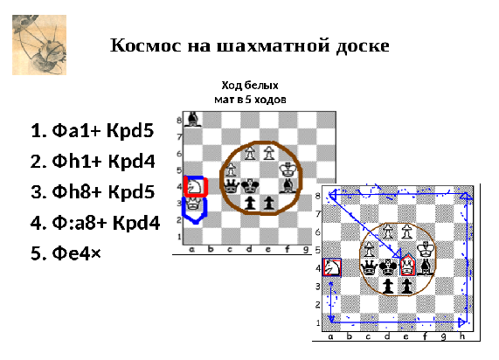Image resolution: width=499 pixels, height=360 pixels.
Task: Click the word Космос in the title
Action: [146, 45]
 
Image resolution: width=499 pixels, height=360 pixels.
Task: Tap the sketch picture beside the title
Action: [39, 45]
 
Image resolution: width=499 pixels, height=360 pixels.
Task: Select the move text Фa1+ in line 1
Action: [76, 130]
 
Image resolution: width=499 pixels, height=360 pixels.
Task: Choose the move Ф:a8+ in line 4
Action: [80, 222]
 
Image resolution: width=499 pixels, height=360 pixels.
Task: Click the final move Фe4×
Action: [76, 253]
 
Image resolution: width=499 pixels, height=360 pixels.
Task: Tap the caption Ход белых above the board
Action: [250, 86]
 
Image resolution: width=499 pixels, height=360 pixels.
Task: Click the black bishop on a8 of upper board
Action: [192, 120]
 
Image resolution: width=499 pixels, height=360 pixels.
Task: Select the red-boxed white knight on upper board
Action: [196, 186]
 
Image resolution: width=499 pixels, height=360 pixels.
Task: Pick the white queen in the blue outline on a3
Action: [192, 204]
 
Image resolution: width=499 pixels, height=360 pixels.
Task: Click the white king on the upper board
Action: [288, 170]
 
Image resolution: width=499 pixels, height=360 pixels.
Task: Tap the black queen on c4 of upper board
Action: [231, 186]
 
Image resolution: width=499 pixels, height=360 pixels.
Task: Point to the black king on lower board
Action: [388, 267]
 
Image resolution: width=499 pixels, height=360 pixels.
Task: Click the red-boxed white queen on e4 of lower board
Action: [407, 267]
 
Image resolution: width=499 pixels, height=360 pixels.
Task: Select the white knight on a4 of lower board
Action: [331, 267]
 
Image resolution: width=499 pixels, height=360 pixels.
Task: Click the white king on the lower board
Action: [426, 249]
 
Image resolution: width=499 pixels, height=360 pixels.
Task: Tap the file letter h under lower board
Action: [462, 336]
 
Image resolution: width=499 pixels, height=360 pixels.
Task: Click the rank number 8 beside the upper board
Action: [179, 121]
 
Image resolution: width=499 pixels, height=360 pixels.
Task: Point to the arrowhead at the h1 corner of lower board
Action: [462, 322]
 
